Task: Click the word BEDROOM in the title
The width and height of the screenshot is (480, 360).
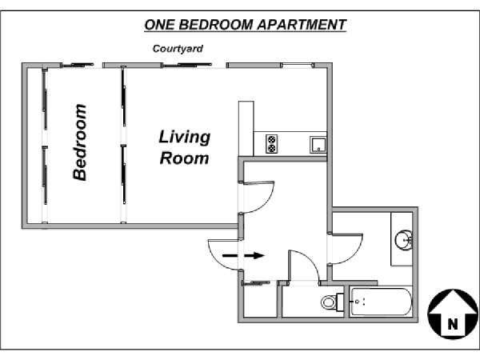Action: pyautogui.click(x=216, y=25)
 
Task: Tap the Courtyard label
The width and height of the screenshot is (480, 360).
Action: pyautogui.click(x=178, y=49)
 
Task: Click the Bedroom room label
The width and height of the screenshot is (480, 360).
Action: pyautogui.click(x=80, y=142)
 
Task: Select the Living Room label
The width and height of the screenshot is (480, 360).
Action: pyautogui.click(x=185, y=147)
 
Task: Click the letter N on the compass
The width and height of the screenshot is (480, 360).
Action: pyautogui.click(x=453, y=324)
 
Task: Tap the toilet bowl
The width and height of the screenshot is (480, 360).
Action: pyautogui.click(x=329, y=302)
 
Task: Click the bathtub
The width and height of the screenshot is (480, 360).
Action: pyautogui.click(x=381, y=302)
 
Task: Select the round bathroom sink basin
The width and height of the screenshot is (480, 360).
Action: pyautogui.click(x=403, y=240)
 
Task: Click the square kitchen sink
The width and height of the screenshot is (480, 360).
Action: pyautogui.click(x=318, y=145)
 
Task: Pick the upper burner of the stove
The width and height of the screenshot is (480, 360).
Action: pyautogui.click(x=271, y=139)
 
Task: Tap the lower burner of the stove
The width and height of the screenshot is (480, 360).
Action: pyautogui.click(x=271, y=149)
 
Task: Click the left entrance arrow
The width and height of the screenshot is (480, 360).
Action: pyautogui.click(x=230, y=255)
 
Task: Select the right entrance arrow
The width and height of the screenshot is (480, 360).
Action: pyautogui.click(x=254, y=255)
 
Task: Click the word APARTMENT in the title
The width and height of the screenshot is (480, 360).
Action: pyautogui.click(x=302, y=25)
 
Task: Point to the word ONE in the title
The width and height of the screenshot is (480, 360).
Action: pyautogui.click(x=159, y=25)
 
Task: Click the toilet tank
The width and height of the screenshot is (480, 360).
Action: pyautogui.click(x=340, y=302)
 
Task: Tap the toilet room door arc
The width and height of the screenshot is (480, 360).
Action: pyautogui.click(x=310, y=260)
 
